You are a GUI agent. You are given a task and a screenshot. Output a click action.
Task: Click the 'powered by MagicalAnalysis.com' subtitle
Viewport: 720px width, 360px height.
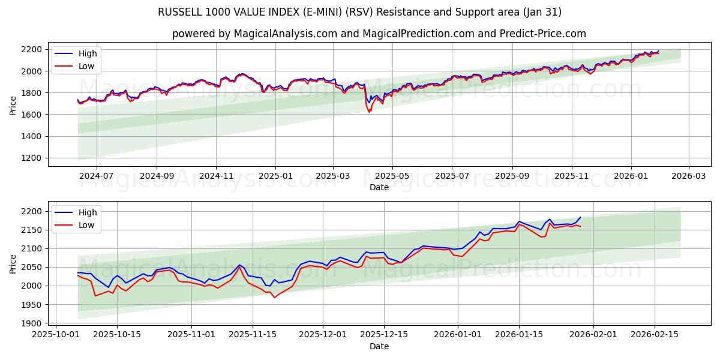tap(379, 34)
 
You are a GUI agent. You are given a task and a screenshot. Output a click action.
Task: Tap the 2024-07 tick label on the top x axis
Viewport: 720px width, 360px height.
tap(96, 176)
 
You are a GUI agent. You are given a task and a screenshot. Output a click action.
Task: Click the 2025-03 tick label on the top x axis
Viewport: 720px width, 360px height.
tap(332, 176)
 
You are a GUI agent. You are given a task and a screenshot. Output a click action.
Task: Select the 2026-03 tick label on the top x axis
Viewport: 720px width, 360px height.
tap(688, 176)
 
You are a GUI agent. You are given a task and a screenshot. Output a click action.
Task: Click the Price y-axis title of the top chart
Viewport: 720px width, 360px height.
tap(13, 104)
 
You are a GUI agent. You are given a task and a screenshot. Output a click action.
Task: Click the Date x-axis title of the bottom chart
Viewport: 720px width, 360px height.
tap(379, 346)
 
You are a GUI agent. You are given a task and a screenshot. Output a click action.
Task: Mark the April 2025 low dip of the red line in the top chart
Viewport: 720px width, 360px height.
tap(369, 112)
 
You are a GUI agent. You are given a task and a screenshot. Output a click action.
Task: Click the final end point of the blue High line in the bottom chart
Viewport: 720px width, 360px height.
tap(580, 217)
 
